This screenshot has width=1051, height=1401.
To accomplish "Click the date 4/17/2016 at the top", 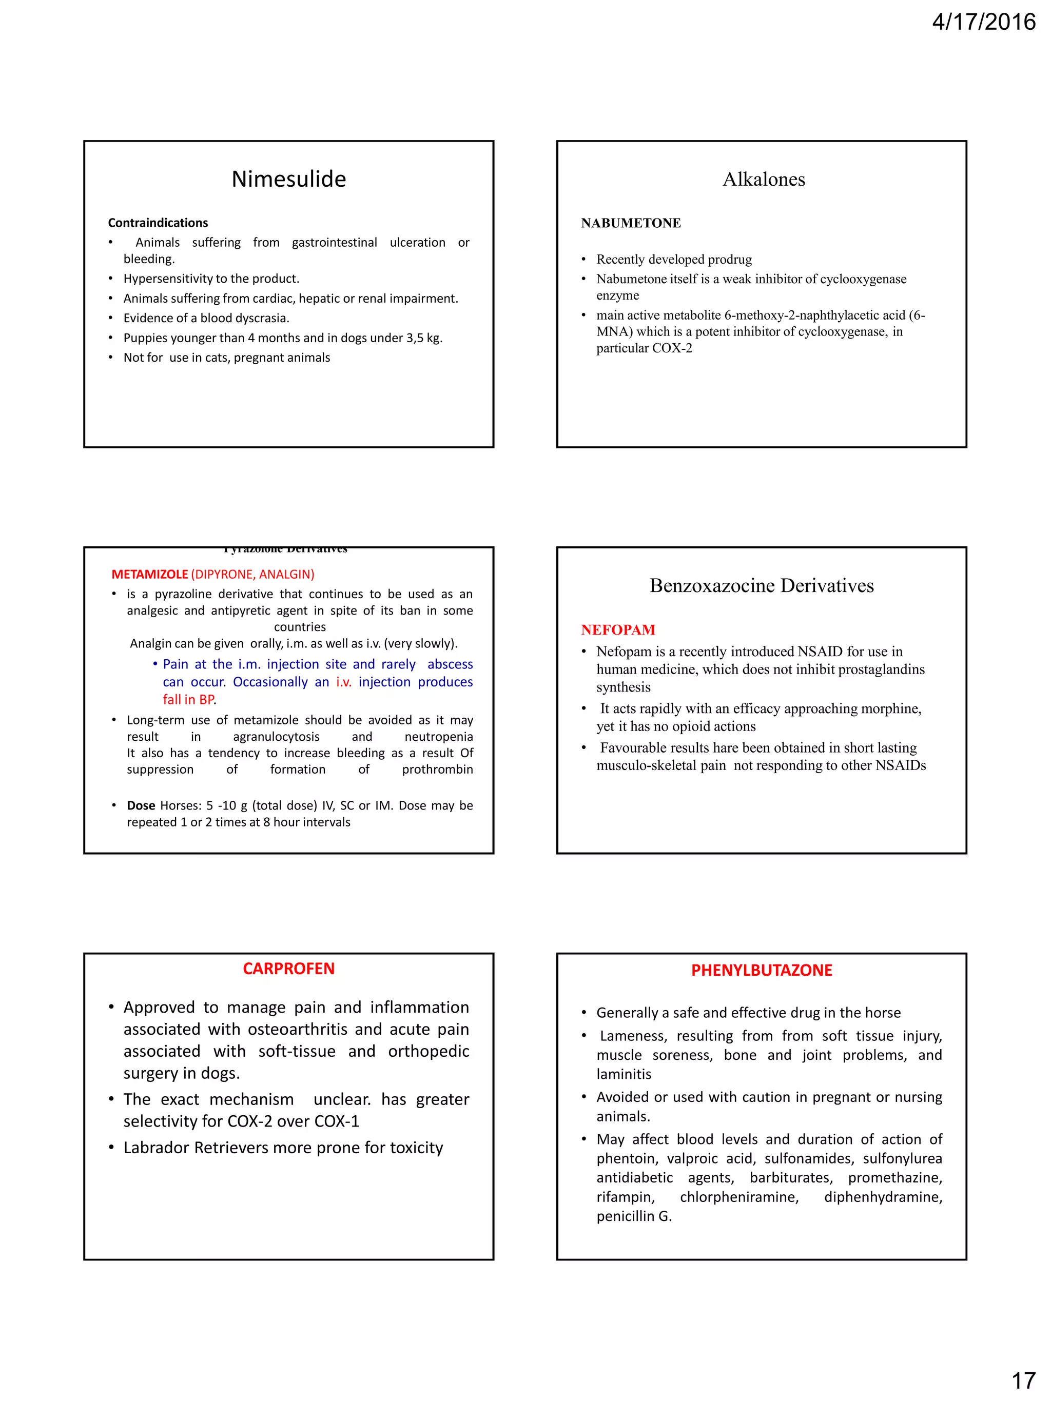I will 983,23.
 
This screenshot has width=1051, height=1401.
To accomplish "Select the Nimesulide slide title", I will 288,179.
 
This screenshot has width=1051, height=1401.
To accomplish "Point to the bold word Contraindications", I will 158,223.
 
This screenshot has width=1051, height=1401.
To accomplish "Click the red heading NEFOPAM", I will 618,629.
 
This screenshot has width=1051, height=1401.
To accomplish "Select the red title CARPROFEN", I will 288,969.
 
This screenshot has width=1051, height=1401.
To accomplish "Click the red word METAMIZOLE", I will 149,575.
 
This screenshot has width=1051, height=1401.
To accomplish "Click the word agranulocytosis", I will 276,737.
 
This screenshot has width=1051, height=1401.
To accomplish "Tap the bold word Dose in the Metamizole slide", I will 141,805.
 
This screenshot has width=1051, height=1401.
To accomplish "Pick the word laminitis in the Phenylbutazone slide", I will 624,1074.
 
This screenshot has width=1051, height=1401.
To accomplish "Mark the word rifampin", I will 625,1197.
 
